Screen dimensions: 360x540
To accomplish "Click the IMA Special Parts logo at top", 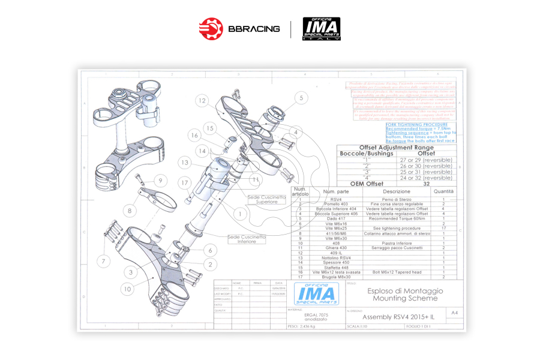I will tap(321, 28).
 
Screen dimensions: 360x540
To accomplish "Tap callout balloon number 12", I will tap(203, 101).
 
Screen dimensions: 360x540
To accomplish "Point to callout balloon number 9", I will tap(160, 181).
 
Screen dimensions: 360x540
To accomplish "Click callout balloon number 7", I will tap(103, 262).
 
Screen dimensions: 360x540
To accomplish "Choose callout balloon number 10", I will tap(127, 289).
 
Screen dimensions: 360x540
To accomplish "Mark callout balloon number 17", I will tap(185, 182).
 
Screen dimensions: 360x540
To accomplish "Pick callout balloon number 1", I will tap(240, 213).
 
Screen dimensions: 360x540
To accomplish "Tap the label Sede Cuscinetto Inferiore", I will tap(245, 239).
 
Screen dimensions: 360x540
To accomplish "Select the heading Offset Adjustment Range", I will tap(395, 148).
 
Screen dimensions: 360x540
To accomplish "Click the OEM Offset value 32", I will tap(426, 184).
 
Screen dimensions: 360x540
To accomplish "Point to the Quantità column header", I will tap(443, 191).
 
